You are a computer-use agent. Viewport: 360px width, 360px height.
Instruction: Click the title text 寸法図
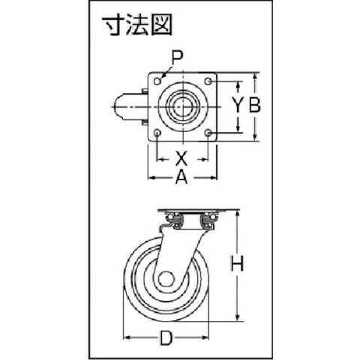click(x=138, y=25)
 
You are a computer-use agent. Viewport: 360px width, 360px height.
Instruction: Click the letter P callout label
click(x=177, y=58)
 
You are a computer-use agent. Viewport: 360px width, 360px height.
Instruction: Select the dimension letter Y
click(x=238, y=105)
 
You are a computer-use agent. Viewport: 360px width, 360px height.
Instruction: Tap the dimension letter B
click(x=254, y=105)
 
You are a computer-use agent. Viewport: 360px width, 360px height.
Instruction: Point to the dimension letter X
click(x=181, y=158)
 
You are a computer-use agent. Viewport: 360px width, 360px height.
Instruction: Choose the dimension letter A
click(x=181, y=178)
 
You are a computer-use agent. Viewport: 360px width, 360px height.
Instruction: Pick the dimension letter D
click(x=166, y=337)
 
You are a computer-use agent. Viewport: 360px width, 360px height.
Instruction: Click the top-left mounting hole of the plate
click(x=157, y=81)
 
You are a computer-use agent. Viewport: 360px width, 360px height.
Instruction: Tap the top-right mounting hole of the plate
click(x=208, y=81)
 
